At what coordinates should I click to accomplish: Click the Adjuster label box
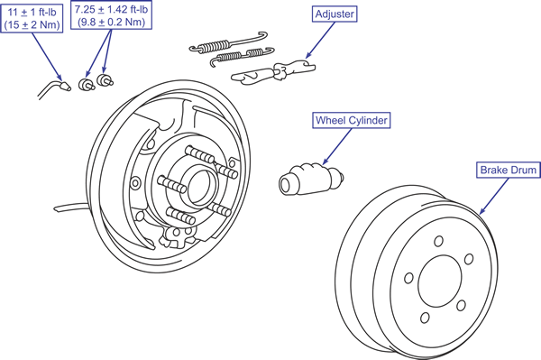pyautogui.click(x=335, y=14)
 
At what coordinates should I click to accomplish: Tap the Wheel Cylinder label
pyautogui.click(x=352, y=120)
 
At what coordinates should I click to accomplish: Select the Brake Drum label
pyautogui.click(x=509, y=170)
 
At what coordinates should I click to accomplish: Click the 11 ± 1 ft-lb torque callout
pyautogui.click(x=32, y=19)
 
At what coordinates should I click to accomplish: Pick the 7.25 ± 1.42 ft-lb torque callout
pyautogui.click(x=111, y=15)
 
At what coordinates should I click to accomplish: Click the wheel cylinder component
pyautogui.click(x=310, y=180)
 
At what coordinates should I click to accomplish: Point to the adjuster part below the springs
pyautogui.click(x=272, y=72)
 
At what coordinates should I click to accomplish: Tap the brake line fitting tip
pyautogui.click(x=65, y=86)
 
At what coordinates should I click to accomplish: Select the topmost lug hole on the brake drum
pyautogui.click(x=438, y=241)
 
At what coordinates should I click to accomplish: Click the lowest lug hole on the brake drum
pyautogui.click(x=425, y=318)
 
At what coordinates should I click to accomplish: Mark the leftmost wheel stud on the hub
pyautogui.click(x=171, y=185)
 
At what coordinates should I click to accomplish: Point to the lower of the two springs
pyautogui.click(x=242, y=56)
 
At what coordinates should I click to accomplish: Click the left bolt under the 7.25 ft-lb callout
pyautogui.click(x=87, y=84)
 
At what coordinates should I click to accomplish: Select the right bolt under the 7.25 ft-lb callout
pyautogui.click(x=105, y=79)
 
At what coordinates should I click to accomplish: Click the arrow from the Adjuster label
pyautogui.click(x=320, y=40)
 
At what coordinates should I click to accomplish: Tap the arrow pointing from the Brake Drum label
pyautogui.click(x=494, y=196)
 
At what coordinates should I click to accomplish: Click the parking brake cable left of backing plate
pyautogui.click(x=70, y=207)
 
